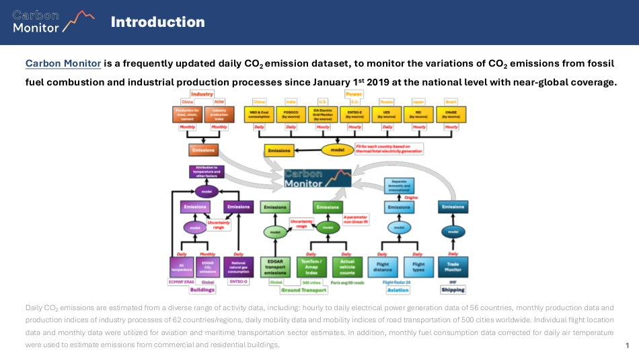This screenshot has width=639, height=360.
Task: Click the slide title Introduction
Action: pos(157,22)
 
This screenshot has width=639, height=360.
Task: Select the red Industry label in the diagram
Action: pos(201,94)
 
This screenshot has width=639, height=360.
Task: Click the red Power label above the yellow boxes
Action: pos(354,94)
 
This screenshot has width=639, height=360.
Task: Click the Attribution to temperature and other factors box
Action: pos(206,171)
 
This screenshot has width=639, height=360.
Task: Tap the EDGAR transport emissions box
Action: pos(275,266)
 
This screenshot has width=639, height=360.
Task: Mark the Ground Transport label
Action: pos(299,290)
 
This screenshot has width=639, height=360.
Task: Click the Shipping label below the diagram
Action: pos(453,290)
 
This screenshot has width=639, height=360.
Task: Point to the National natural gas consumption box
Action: pos(238,266)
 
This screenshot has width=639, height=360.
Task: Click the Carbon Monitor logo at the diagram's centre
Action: pos(317,177)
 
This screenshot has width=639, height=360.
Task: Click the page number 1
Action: pos(627,345)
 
